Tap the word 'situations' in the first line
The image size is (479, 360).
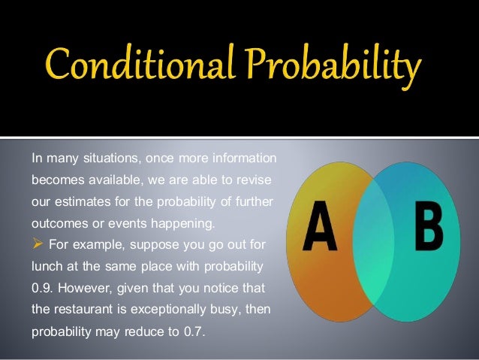click(104, 159)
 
